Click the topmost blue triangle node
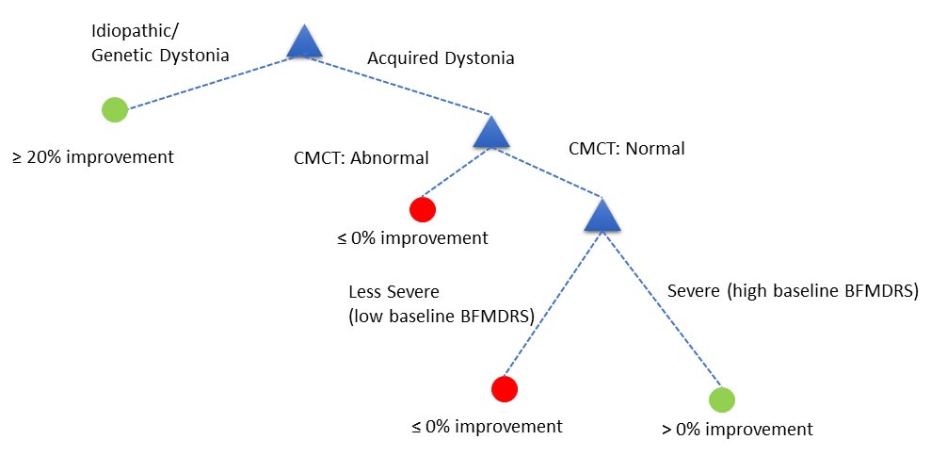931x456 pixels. click(x=304, y=42)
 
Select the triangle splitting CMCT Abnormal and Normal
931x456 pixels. click(x=490, y=133)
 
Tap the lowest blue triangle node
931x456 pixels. click(x=603, y=216)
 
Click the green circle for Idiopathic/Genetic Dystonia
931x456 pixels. click(x=115, y=109)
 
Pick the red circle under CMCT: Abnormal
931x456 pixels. click(x=423, y=209)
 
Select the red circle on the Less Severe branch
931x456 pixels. click(x=505, y=388)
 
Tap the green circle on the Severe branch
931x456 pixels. click(x=721, y=399)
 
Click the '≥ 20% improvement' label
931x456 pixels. click(x=93, y=156)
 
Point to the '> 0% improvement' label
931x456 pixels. click(x=737, y=430)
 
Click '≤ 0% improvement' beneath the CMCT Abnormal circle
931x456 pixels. click(x=412, y=237)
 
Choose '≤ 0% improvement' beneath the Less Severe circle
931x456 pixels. click(x=487, y=426)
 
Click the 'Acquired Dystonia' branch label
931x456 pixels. click(x=441, y=58)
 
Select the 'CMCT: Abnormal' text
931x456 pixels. click(x=361, y=157)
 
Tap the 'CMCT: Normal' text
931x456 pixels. click(x=627, y=148)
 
